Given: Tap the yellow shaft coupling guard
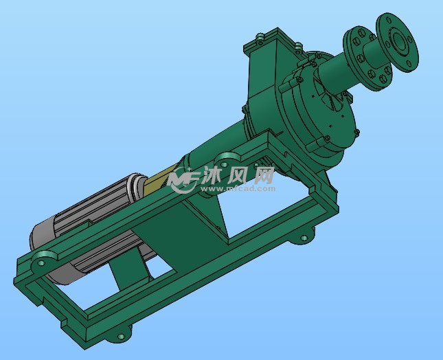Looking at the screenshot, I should tap(161, 181).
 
